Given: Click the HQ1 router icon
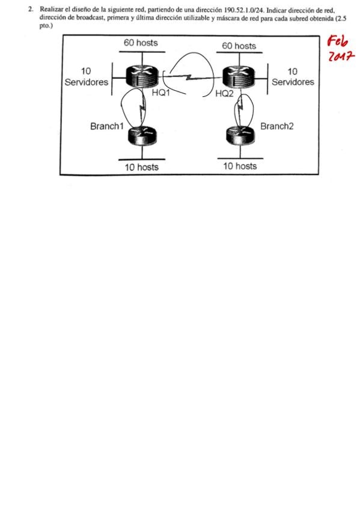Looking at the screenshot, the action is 142,76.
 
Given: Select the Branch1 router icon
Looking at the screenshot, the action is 142,136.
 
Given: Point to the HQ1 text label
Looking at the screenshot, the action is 161,93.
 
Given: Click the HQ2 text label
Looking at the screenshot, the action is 225,94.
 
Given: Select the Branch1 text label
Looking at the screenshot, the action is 107,126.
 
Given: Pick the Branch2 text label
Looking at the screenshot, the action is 277,126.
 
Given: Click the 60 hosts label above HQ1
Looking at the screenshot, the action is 141,43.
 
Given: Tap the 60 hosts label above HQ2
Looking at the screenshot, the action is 239,46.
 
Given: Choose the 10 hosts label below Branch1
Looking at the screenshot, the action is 142,167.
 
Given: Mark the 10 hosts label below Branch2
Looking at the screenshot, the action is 240,166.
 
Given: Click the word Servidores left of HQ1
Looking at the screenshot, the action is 87,82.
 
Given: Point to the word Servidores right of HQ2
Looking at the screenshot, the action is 293,82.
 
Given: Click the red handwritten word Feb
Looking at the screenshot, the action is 338,42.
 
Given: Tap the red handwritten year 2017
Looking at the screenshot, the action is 341,57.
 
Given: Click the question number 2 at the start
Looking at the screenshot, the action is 30,10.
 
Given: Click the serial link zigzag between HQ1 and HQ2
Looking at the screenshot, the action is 190,78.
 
